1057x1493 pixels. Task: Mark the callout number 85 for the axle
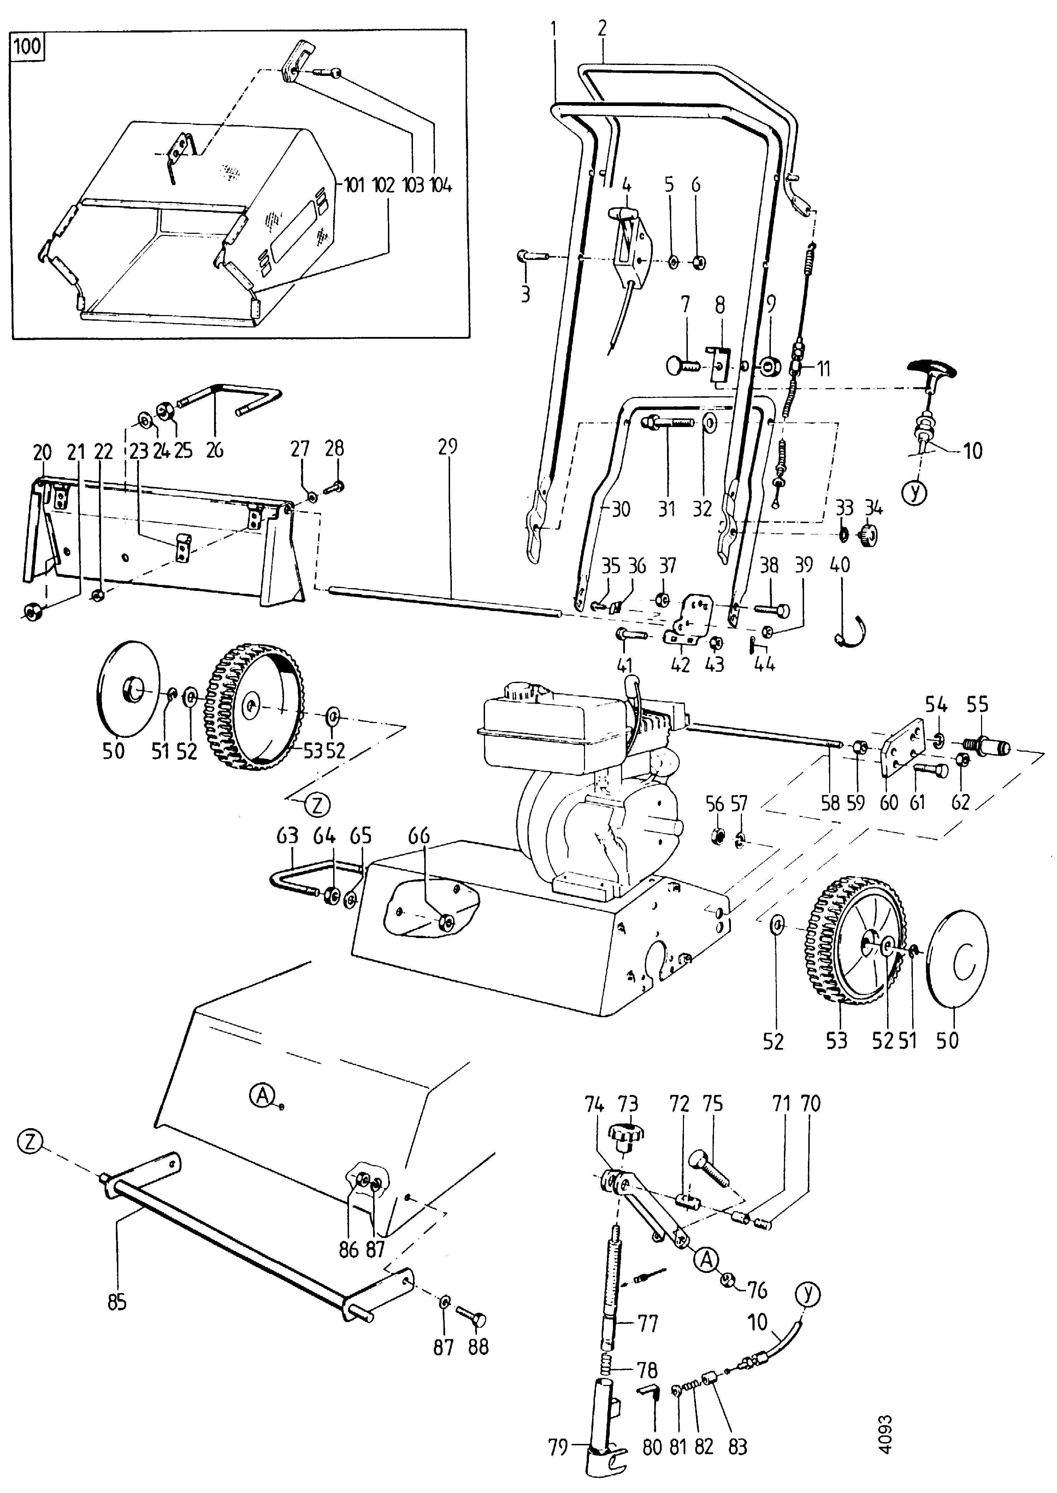[117, 1302]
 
